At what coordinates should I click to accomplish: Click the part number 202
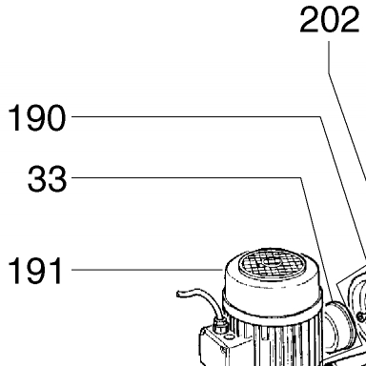330,20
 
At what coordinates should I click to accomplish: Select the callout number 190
37,118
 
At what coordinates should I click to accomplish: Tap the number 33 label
48,178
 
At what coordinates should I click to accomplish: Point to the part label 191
34,271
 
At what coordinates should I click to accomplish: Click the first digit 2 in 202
309,20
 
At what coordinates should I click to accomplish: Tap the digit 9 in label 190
36,118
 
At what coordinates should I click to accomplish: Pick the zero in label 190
56,118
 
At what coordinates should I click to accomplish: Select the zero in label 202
330,20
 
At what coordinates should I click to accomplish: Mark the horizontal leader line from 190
196,116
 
